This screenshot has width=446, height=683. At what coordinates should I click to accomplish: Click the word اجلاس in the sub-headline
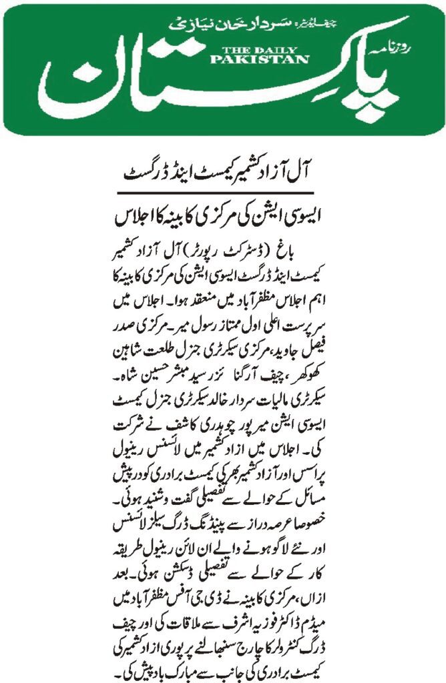click(x=143, y=217)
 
